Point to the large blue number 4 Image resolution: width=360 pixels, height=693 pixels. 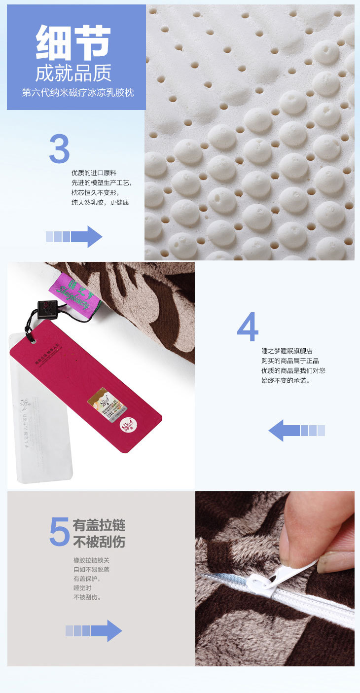(248, 327)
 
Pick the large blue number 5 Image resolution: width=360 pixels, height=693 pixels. (60, 532)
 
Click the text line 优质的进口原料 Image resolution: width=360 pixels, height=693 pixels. (94, 173)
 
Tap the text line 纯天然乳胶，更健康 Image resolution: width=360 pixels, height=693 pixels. (100, 202)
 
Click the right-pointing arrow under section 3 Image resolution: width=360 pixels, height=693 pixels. (74, 237)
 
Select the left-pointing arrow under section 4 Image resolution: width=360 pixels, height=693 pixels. (296, 431)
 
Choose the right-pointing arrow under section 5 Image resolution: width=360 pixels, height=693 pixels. (94, 631)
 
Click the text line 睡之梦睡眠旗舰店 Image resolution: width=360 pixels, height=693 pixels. (287, 351)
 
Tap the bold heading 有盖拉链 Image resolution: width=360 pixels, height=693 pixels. (99, 525)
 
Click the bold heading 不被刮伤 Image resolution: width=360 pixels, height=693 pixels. (99, 542)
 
